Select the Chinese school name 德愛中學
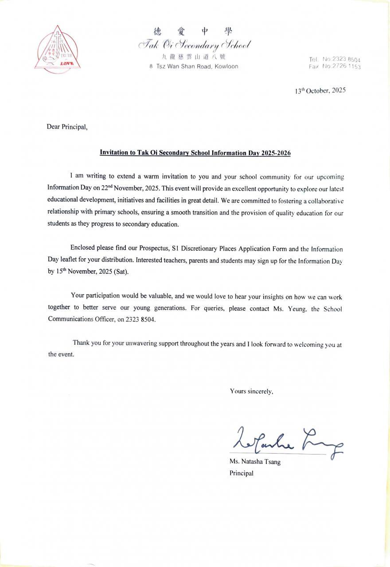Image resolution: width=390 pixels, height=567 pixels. pyautogui.click(x=193, y=31)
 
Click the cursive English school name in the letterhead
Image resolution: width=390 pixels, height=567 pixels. pyautogui.click(x=195, y=44)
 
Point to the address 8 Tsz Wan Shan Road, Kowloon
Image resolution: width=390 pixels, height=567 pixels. pyautogui.click(x=194, y=66)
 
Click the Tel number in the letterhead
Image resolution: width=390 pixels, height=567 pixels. pyautogui.click(x=335, y=59)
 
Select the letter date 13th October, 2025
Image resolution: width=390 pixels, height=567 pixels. pyautogui.click(x=320, y=90)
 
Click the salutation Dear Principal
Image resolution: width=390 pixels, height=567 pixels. pyautogui.click(x=67, y=127)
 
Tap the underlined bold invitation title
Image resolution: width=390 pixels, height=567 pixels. pyautogui.click(x=195, y=153)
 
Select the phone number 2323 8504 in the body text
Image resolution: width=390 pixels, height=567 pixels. pyautogui.click(x=140, y=319)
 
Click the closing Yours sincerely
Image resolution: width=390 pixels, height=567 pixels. pyautogui.click(x=251, y=391)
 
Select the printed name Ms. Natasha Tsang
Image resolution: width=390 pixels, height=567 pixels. pyautogui.click(x=255, y=462)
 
